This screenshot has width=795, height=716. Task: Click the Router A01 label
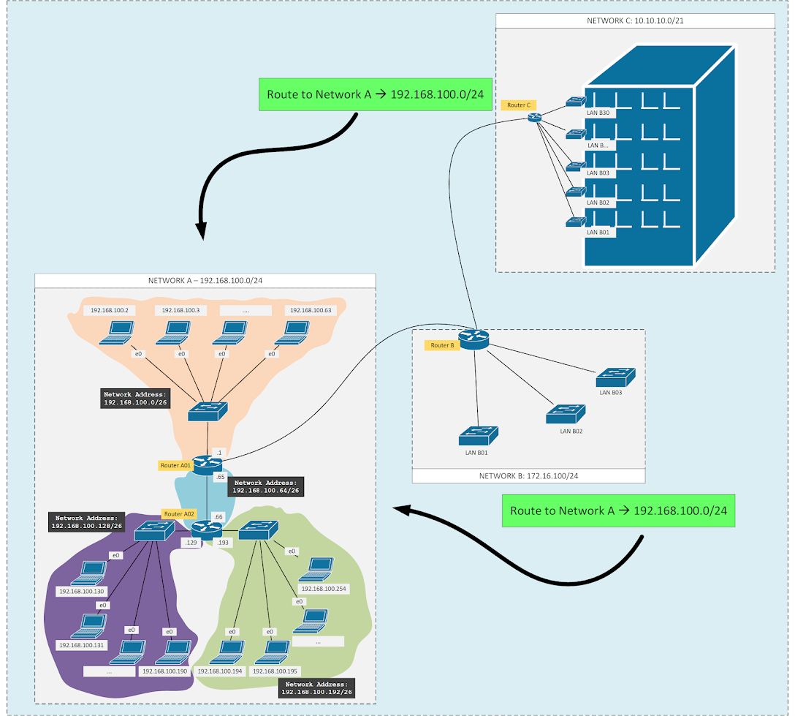175,465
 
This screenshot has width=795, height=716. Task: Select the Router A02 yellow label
179,514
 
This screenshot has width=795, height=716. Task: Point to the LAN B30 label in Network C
598,113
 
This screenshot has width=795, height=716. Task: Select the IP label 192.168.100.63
311,311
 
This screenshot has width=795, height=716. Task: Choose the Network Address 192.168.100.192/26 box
317,688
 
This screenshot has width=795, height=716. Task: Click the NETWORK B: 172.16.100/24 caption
528,476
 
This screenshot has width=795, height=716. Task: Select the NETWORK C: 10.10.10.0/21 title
634,21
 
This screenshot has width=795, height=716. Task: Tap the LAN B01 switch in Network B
478,436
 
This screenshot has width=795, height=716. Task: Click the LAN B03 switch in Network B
615,377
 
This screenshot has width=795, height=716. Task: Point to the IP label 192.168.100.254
322,589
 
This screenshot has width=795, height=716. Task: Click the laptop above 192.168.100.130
94,570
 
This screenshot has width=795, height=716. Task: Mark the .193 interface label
223,543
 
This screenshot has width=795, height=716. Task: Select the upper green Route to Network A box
375,94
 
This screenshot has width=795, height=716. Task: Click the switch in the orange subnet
208,412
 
